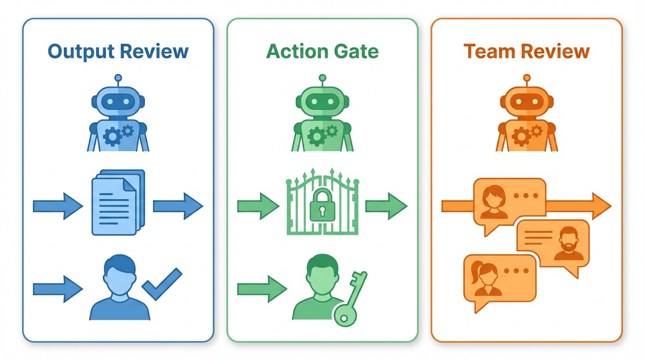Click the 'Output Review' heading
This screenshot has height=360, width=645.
coord(118,51)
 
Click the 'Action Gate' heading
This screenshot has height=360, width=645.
coord(322,51)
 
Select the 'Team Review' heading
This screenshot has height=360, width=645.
coord(526,51)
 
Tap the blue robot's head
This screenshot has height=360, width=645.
coord(118,101)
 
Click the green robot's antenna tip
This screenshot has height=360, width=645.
coord(322,77)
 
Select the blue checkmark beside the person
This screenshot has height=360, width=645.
coord(162,284)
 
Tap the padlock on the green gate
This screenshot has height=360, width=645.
coord(322,206)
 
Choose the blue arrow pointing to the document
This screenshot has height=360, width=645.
coord(57,205)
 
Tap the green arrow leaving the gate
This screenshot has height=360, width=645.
coord(386,205)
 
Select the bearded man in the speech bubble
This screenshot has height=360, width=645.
coord(569,244)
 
